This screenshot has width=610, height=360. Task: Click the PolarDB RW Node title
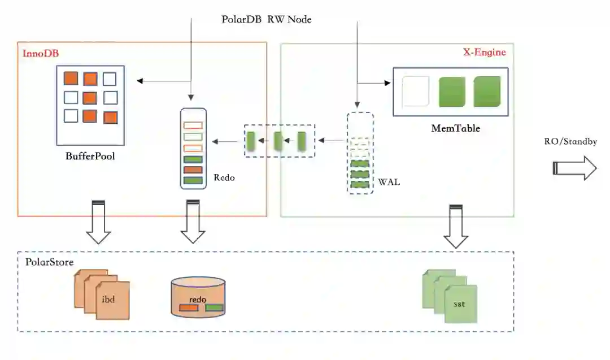pos(267,19)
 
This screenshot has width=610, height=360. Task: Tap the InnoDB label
pos(41,53)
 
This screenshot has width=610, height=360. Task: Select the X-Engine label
pos(485,52)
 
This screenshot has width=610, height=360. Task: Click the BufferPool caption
pos(90,156)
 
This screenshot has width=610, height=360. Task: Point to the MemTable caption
pos(456,128)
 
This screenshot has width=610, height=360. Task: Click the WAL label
pos(389,182)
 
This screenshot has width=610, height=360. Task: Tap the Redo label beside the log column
pos(224,177)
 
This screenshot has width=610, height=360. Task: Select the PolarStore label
pos(49,262)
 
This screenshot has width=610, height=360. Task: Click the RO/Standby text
pos(570,141)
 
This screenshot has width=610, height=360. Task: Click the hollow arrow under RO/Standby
pos(574,168)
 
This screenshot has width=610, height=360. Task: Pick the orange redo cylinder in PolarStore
pos(198,297)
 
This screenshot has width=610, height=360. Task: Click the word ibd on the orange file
pos(108,300)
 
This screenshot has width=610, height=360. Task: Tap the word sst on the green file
pos(459,304)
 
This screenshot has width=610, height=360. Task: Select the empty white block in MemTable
pos(416,92)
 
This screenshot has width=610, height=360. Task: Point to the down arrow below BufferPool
pos(98,222)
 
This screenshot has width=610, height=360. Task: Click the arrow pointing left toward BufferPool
pos(164,81)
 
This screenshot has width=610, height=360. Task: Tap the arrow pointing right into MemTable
pos(374,83)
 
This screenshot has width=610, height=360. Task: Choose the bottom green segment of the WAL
pos(360,184)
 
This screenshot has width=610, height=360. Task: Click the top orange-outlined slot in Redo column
pos(193,125)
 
